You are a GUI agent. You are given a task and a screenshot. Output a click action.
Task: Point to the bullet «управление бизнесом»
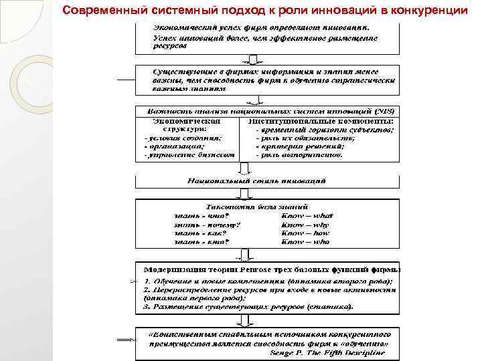click(x=190, y=154)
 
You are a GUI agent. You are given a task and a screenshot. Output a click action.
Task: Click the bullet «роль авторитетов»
click(x=302, y=154)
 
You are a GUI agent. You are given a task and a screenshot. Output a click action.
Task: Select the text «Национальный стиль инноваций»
click(x=257, y=181)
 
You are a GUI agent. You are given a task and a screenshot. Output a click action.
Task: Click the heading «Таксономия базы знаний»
click(x=257, y=207)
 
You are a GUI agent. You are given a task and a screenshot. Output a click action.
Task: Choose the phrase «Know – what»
click(x=307, y=215)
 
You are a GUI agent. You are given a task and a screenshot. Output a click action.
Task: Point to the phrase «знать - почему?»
click(x=199, y=225)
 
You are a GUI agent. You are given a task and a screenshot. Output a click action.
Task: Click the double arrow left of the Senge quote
click(x=125, y=340)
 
